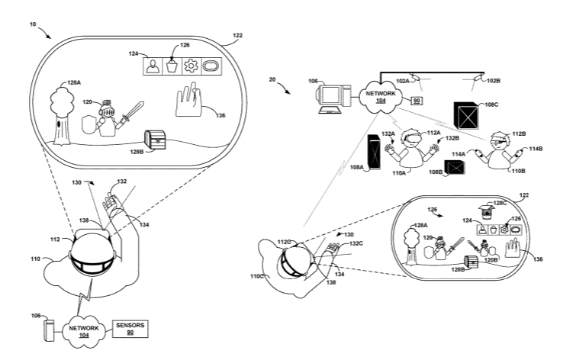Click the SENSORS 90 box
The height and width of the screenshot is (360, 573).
pyautogui.click(x=130, y=329)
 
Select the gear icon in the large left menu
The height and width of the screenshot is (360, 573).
pyautogui.click(x=191, y=66)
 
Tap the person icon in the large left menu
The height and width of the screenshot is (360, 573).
pyautogui.click(x=152, y=66)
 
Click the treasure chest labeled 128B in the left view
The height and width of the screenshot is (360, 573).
pyautogui.click(x=156, y=140)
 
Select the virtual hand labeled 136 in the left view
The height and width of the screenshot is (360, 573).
pyautogui.click(x=189, y=100)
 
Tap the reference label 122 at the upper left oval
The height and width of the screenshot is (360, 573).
pyautogui.click(x=237, y=35)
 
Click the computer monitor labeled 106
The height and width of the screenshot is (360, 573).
pyautogui.click(x=330, y=96)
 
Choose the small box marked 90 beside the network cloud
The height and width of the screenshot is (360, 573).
pyautogui.click(x=417, y=101)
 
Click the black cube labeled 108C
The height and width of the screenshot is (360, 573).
pyautogui.click(x=466, y=115)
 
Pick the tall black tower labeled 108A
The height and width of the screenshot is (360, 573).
pyautogui.click(x=374, y=152)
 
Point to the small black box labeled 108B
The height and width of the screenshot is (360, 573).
pyautogui.click(x=455, y=168)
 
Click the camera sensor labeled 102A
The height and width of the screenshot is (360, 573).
pyautogui.click(x=415, y=78)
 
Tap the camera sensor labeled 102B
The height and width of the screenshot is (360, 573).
pyautogui.click(x=478, y=78)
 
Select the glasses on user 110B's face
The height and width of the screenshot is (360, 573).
pyautogui.click(x=499, y=141)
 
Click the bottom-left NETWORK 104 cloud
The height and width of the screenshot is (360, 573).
pyautogui.click(x=84, y=331)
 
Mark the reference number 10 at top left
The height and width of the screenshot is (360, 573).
pyautogui.click(x=33, y=24)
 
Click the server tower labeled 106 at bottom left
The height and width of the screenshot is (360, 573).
pyautogui.click(x=49, y=330)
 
